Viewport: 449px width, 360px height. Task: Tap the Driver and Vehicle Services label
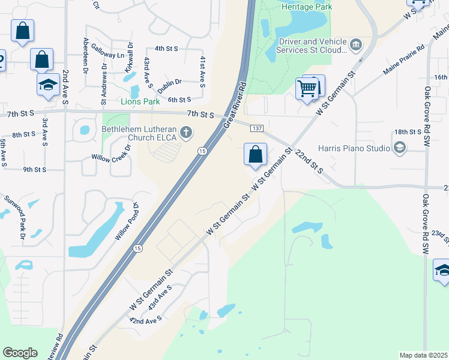click(x=313, y=46)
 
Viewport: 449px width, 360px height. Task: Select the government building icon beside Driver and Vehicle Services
click(x=356, y=44)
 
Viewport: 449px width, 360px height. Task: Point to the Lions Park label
click(x=140, y=101)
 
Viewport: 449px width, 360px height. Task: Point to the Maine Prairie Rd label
click(x=403, y=60)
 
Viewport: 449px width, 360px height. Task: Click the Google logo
click(x=20, y=353)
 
